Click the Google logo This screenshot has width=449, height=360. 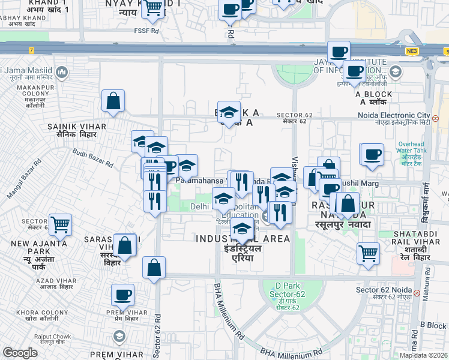point(20,353)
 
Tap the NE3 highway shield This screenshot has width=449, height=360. point(411,52)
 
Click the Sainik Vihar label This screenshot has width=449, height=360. point(77,130)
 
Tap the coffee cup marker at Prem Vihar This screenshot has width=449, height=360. point(122,295)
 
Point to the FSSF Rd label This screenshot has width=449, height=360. point(146,30)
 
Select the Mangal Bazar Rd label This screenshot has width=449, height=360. point(25,179)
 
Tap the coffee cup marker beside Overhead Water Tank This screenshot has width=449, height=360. point(372,154)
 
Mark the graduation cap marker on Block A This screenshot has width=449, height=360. point(228,112)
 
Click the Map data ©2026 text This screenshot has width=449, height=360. point(424,355)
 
